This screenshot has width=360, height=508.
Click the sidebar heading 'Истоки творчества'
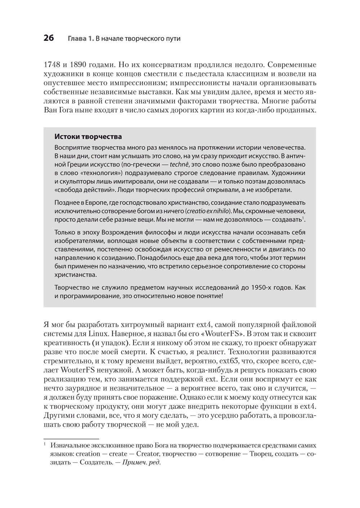[x=88, y=137]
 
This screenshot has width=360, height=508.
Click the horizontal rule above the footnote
[x=71, y=439]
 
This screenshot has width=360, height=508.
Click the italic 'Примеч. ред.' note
[x=141, y=463]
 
